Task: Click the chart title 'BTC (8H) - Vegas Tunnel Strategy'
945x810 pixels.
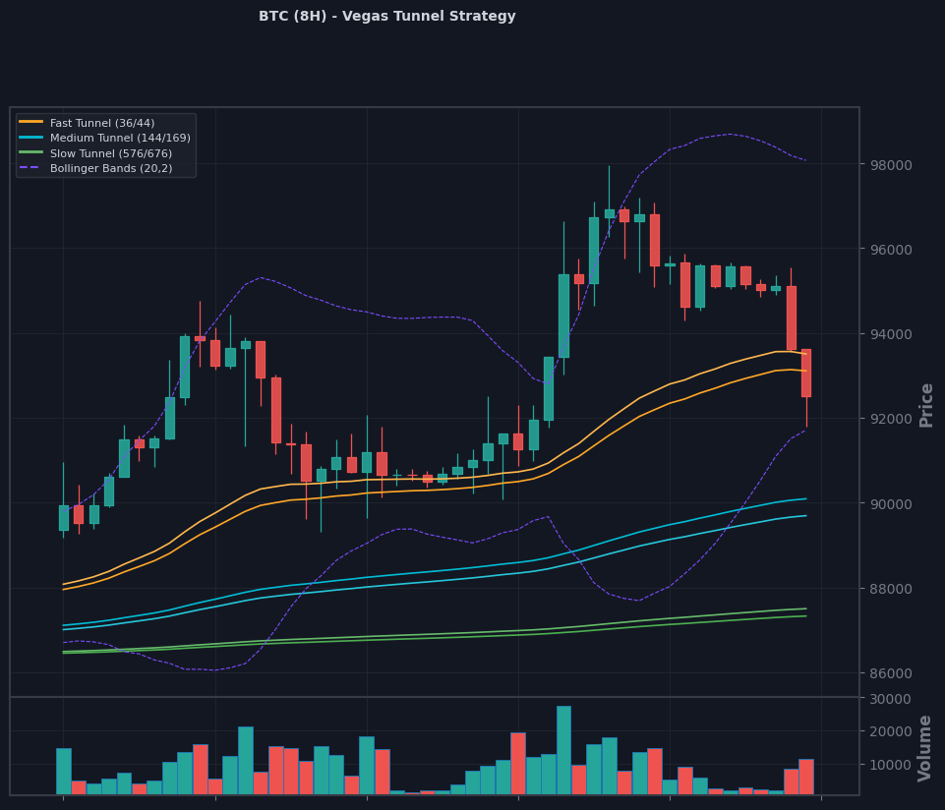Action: [386, 17]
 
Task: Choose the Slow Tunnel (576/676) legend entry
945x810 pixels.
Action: [95, 153]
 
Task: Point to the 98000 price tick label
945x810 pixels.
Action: [890, 165]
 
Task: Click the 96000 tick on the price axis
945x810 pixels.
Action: [890, 250]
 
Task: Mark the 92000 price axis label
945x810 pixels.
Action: [890, 419]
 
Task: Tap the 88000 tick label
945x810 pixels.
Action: [890, 589]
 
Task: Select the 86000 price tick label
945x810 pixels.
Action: [890, 673]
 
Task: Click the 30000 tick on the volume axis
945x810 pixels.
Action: [890, 699]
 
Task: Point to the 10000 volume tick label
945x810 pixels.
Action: [890, 765]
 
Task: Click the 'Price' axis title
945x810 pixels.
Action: [926, 406]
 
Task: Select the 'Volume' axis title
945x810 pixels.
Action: [924, 748]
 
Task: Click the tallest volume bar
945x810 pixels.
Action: [563, 750]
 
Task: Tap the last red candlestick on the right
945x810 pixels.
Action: [805, 374]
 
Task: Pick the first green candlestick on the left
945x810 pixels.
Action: [63, 518]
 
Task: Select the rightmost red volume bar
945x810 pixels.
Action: [806, 777]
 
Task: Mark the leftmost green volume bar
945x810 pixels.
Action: [64, 772]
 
